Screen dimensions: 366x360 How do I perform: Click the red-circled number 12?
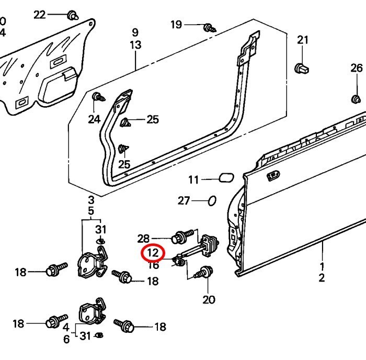[x=153, y=253]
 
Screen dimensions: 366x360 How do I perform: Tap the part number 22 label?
[x=39, y=15]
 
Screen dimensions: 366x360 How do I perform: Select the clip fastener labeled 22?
[x=72, y=15]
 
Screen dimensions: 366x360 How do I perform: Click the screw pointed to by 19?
[x=210, y=28]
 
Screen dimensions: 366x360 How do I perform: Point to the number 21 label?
[x=303, y=40]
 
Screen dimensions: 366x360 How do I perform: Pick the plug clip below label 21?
[x=301, y=68]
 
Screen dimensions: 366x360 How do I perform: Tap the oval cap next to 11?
[x=226, y=178]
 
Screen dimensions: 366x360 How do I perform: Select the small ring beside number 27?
[x=212, y=201]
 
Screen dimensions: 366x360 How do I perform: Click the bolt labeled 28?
[x=182, y=237]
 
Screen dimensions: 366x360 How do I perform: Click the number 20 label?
[x=209, y=299]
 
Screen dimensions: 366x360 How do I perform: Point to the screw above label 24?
[x=98, y=97]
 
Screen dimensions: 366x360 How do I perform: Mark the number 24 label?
[x=94, y=119]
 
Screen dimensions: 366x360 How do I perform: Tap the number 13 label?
[x=135, y=45]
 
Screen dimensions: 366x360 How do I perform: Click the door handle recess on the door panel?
[x=273, y=176]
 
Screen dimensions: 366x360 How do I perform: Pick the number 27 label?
[x=184, y=201]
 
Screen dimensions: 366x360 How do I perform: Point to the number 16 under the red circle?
[x=153, y=265]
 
